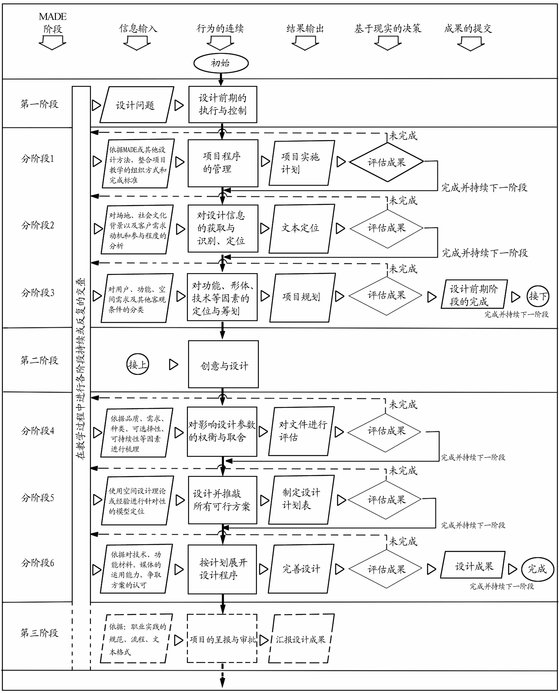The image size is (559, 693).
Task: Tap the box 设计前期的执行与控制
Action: coord(222,104)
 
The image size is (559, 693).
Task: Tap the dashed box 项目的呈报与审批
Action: coord(222,639)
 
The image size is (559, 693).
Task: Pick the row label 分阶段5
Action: coord(38,498)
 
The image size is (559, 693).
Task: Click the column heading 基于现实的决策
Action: coord(388,29)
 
